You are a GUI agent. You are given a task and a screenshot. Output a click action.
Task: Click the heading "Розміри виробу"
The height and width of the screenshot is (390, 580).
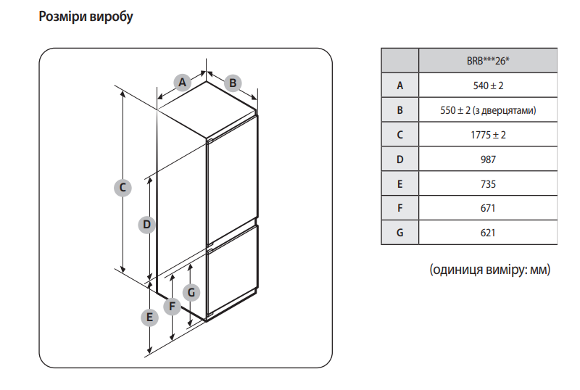coord(86,17)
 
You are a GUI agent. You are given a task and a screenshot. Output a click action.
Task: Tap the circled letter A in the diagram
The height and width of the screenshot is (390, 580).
coord(183,83)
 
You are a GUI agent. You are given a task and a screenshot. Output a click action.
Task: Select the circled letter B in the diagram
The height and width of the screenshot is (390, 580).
coord(233,83)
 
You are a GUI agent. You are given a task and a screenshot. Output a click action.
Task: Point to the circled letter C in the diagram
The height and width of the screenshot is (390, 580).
coord(123,188)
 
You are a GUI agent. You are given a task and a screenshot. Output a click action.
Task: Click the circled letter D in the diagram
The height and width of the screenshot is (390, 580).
coord(146,225)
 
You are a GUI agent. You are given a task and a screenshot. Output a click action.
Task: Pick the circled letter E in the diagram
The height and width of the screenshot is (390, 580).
coord(149,317)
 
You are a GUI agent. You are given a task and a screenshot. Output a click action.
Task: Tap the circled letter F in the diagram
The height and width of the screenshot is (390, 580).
coord(172,307)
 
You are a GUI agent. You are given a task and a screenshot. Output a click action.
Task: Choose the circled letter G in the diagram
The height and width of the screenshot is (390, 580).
coord(191,293)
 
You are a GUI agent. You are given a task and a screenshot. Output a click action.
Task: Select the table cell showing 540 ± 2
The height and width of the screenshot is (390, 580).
coord(487,86)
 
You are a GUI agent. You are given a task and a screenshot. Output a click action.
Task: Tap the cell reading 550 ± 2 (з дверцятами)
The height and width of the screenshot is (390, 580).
coord(487,110)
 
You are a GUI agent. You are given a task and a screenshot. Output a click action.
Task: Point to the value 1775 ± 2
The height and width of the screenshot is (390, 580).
coord(487,135)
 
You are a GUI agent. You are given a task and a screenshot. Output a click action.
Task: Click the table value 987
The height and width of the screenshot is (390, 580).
coord(487,159)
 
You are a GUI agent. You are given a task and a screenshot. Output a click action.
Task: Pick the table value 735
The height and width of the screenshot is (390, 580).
coord(487,184)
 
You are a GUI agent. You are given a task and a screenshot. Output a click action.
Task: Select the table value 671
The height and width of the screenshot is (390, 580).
coord(487,209)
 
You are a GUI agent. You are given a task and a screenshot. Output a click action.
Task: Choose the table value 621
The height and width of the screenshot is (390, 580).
coord(487,233)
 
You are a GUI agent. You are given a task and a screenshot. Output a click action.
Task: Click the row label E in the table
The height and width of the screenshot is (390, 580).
coord(399,184)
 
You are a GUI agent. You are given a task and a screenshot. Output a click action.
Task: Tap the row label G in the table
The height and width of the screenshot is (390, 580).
coord(399,233)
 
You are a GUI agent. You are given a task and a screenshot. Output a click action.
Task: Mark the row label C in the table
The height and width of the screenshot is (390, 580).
coord(399,135)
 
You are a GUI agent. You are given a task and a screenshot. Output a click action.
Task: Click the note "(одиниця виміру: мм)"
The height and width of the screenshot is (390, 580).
coord(490,270)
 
